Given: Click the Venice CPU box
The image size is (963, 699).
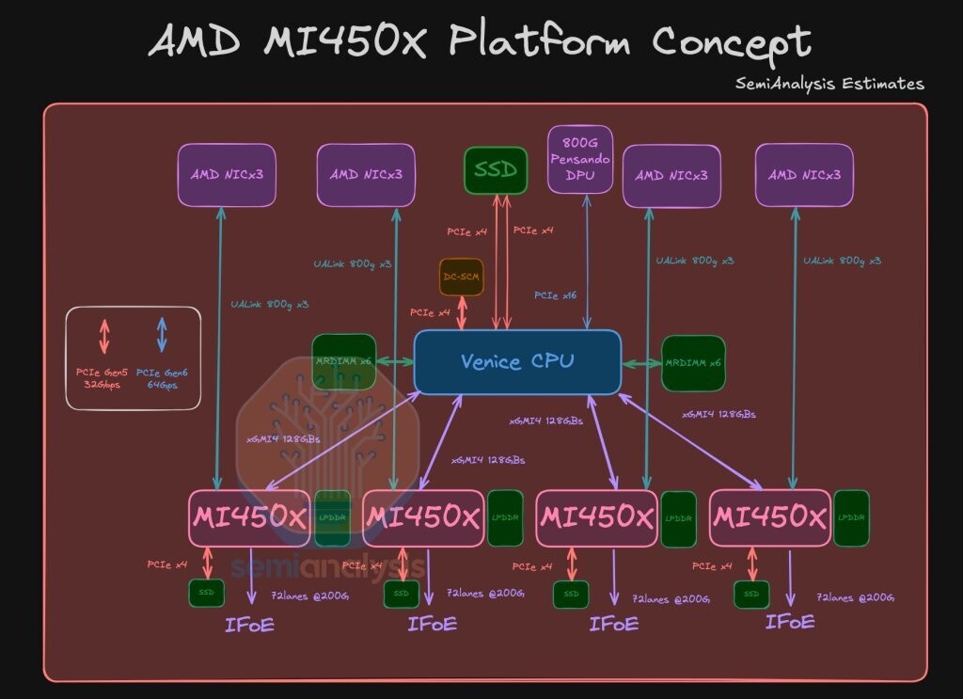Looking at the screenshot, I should pyautogui.click(x=517, y=362).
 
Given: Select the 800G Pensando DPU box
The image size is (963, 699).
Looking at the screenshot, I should pyautogui.click(x=579, y=159).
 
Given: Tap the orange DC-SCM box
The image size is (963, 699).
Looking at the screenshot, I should pyautogui.click(x=461, y=277).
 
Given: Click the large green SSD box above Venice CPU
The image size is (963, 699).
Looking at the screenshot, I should pyautogui.click(x=495, y=170).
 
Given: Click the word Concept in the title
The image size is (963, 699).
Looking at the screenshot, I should pyautogui.click(x=731, y=42).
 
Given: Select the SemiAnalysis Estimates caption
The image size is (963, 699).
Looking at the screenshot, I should pyautogui.click(x=829, y=84).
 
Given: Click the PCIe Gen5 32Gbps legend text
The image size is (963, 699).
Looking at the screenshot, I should pyautogui.click(x=103, y=378).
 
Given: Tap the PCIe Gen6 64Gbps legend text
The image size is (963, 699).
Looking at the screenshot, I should pyautogui.click(x=163, y=378).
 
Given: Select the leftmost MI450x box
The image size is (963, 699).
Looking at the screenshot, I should pyautogui.click(x=249, y=517).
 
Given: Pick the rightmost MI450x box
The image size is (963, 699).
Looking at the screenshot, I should pyautogui.click(x=769, y=517).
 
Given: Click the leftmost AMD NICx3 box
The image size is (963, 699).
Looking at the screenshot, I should pyautogui.click(x=227, y=174).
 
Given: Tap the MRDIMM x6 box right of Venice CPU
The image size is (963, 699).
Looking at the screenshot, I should pyautogui.click(x=693, y=363).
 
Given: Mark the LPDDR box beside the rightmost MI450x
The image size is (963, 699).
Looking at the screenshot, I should pyautogui.click(x=851, y=518).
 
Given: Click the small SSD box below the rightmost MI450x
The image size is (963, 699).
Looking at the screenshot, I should pyautogui.click(x=751, y=595).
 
